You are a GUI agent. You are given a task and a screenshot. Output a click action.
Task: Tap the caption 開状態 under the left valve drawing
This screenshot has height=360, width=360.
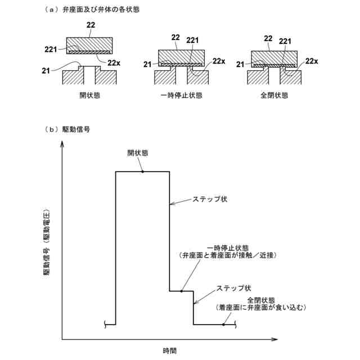[89, 96]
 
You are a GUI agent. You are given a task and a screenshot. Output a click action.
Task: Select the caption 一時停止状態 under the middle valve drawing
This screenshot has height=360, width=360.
[181, 96]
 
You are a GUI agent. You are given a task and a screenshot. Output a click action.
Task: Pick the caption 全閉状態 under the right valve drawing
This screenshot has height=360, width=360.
[274, 96]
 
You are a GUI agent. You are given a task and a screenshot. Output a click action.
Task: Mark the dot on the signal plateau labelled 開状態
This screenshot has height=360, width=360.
[143, 171]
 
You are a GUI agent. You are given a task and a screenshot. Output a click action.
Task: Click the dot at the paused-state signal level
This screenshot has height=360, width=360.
[182, 291]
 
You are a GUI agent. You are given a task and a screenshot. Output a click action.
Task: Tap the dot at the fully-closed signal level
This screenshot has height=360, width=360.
[223, 325]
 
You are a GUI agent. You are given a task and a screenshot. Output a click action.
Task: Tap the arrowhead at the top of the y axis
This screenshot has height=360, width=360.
[62, 144]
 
